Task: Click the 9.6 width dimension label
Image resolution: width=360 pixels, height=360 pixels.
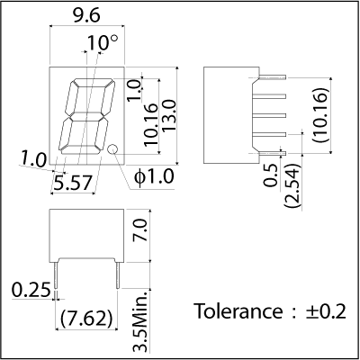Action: tap(86, 15)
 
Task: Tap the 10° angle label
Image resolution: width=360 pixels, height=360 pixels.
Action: tap(103, 43)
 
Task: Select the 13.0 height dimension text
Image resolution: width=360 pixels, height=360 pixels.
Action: tap(169, 115)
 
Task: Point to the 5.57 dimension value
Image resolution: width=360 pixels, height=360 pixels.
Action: tap(72, 183)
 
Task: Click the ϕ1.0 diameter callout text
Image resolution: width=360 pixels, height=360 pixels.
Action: tap(154, 176)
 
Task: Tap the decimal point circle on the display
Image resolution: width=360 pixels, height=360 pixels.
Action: tap(112, 148)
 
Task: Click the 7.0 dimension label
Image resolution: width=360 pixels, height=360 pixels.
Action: tap(140, 230)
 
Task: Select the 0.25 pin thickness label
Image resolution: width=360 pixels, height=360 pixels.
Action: tap(31, 290)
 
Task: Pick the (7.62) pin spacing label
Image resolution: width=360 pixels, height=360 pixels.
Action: tap(87, 319)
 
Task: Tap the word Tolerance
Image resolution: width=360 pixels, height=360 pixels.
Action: tap(238, 311)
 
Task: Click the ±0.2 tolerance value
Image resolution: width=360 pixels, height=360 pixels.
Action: tap(326, 311)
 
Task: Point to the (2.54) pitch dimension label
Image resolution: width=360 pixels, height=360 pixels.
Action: tap(292, 185)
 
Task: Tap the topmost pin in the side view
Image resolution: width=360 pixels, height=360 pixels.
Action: tap(272, 77)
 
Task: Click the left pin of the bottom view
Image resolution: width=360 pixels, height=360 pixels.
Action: tap(56, 275)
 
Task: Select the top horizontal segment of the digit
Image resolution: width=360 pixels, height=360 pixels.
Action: tap(94, 83)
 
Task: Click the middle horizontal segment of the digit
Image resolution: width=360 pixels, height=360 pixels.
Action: tap(86, 116)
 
